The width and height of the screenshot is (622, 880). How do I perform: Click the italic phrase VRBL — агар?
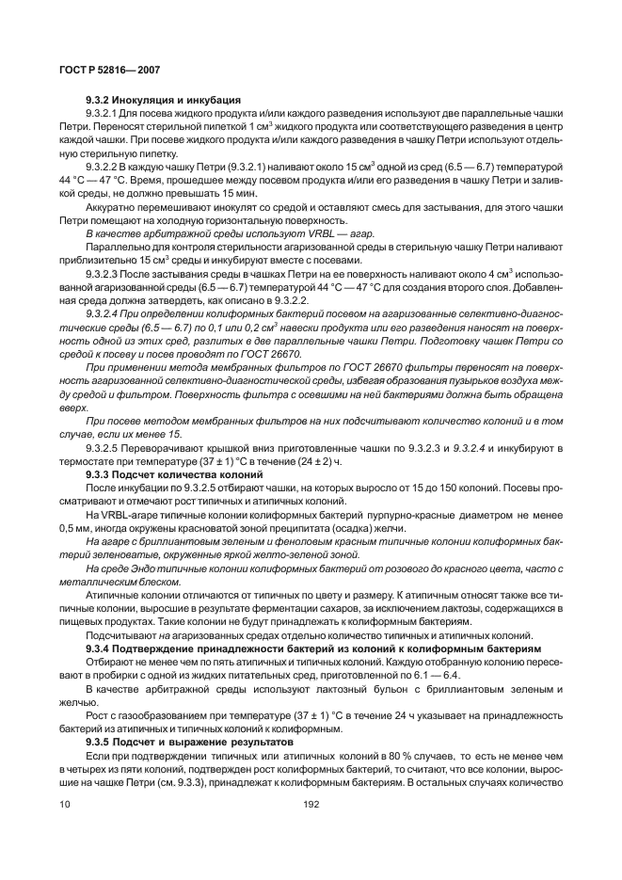(x=277, y=229)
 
